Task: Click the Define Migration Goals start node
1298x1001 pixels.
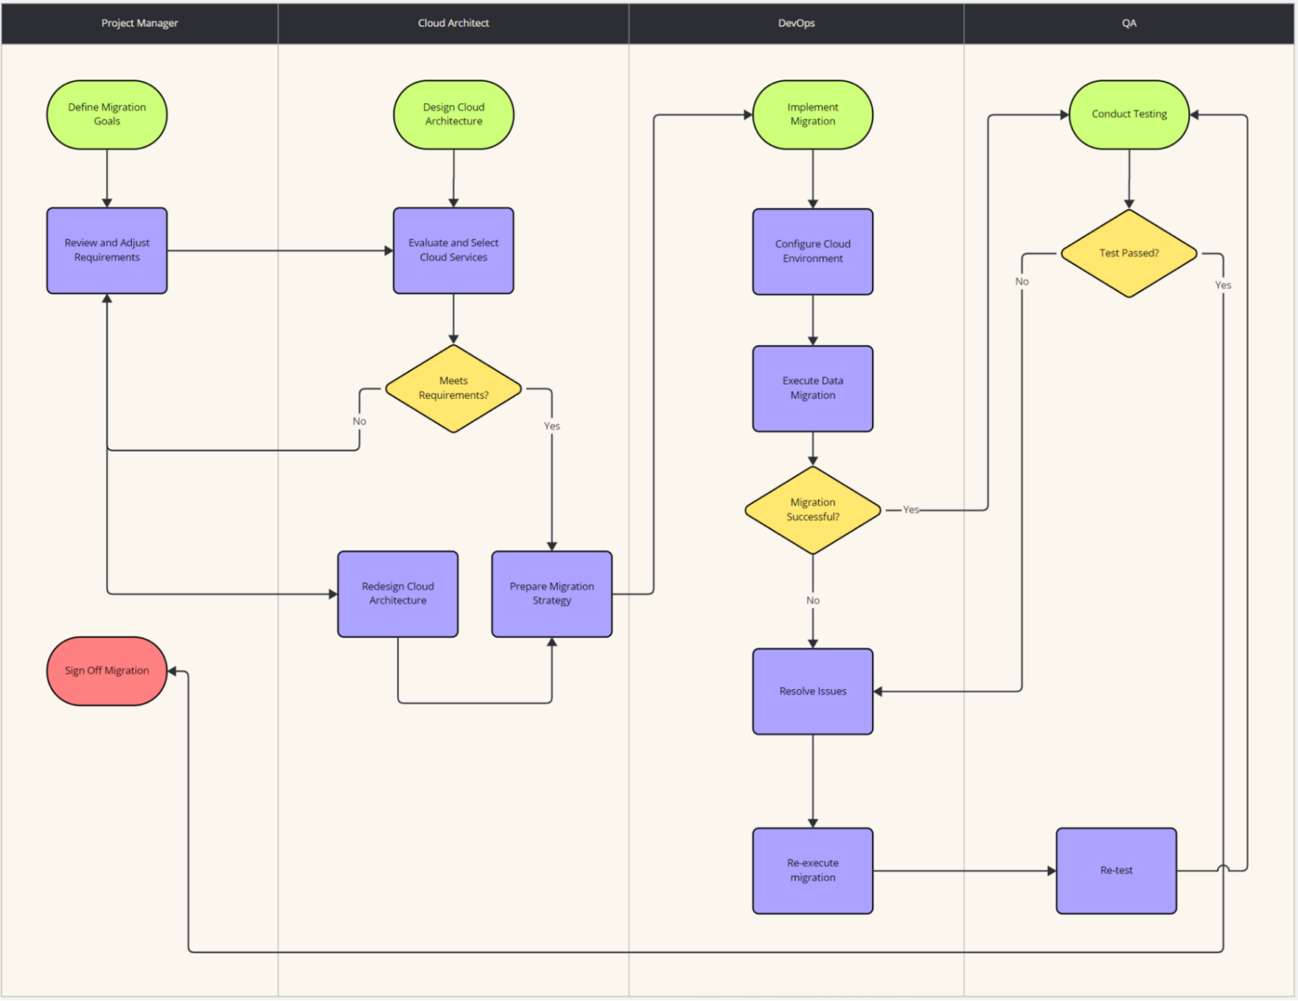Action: pyautogui.click(x=106, y=115)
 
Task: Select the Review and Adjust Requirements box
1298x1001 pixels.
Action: pyautogui.click(x=106, y=251)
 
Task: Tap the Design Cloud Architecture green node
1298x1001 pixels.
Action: pyautogui.click(x=454, y=115)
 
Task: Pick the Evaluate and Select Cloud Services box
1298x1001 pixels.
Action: pyautogui.click(x=454, y=251)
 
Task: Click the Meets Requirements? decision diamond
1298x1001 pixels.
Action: pyautogui.click(x=454, y=389)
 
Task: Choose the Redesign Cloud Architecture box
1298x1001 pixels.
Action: pyautogui.click(x=398, y=594)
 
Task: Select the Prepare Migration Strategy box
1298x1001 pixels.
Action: pyautogui.click(x=552, y=594)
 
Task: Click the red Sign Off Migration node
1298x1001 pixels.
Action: pyautogui.click(x=106, y=671)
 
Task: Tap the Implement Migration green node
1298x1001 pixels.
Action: pyautogui.click(x=813, y=115)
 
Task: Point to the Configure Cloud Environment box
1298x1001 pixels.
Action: pyautogui.click(x=813, y=252)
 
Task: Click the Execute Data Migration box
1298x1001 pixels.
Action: pyautogui.click(x=813, y=389)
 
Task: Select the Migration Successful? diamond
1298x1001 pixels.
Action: pyautogui.click(x=813, y=511)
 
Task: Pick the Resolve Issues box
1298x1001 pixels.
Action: pyautogui.click(x=813, y=692)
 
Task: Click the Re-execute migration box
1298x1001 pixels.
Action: pyautogui.click(x=813, y=871)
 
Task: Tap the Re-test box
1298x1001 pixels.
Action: pyautogui.click(x=1116, y=871)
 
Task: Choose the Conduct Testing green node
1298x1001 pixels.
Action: pyautogui.click(x=1129, y=115)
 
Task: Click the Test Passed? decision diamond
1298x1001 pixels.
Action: pyautogui.click(x=1129, y=254)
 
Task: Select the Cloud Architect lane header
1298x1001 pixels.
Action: pyautogui.click(x=454, y=24)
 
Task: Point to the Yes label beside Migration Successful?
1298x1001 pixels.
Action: pyautogui.click(x=911, y=510)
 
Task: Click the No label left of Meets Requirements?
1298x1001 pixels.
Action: pyautogui.click(x=359, y=422)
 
